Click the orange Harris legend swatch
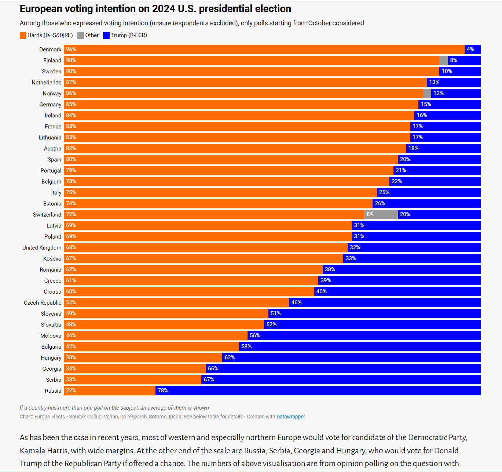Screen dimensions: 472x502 point(23,36)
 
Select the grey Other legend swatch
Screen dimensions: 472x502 point(81,36)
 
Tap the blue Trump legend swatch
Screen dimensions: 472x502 point(106,36)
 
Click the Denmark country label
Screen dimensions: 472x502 point(50,50)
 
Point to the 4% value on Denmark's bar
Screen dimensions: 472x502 point(470,49)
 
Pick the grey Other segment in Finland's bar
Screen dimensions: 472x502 point(443,60)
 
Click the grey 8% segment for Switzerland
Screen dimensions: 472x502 point(381,214)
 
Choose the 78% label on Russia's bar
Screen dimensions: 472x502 point(163,391)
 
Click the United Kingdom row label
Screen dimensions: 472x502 point(42,248)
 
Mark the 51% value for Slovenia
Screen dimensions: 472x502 point(275,313)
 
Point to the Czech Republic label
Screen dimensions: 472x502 point(43,303)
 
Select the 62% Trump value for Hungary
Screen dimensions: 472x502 point(230,357)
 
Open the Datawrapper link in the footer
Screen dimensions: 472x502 point(290,417)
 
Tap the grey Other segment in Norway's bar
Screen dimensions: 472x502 point(427,93)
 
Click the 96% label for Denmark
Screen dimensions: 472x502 point(71,49)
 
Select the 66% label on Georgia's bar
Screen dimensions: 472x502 point(213,368)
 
